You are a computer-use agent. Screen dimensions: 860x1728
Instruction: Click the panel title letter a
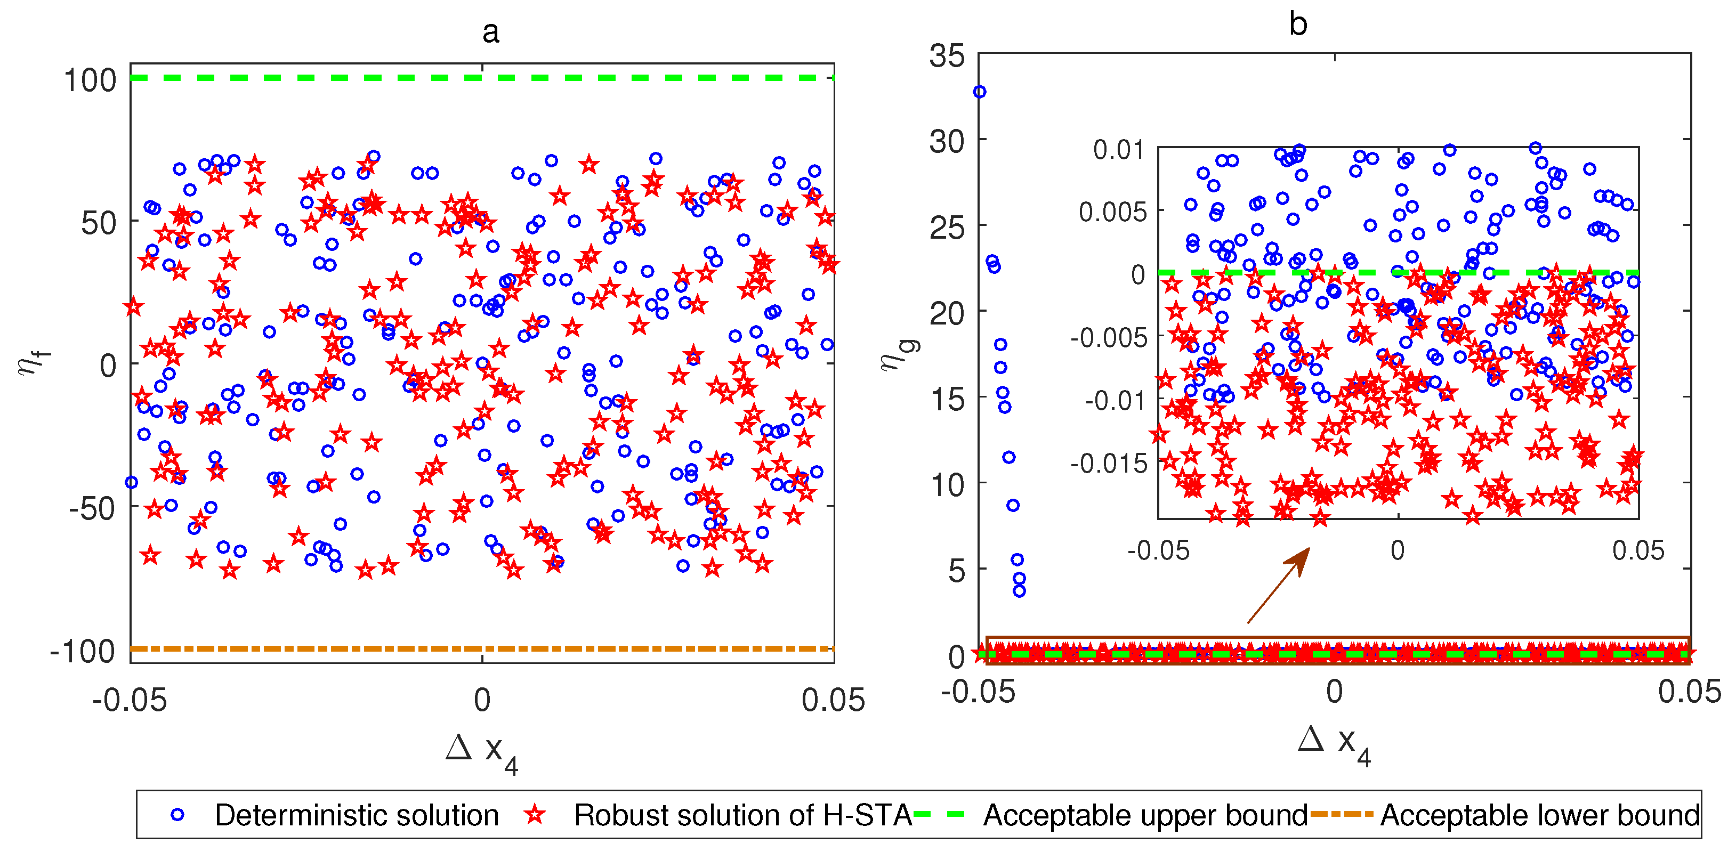490,32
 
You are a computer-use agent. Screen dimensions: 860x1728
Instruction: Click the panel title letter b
1298,25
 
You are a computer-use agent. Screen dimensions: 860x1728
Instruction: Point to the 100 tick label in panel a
90,80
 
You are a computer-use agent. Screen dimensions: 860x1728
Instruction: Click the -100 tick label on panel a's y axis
83,651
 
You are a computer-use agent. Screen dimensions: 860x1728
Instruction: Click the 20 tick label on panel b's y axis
947,313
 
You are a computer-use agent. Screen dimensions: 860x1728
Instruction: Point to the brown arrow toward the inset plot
1279,585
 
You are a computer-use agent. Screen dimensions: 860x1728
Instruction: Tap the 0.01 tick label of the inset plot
1119,150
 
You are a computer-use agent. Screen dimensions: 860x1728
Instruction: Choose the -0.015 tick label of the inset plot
1108,463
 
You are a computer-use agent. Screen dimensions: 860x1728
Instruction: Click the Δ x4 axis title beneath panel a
482,752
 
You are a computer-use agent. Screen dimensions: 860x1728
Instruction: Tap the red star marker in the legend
535,815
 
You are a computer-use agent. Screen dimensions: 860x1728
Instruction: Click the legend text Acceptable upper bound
1145,816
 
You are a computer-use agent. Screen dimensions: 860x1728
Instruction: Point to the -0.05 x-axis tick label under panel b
978,692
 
